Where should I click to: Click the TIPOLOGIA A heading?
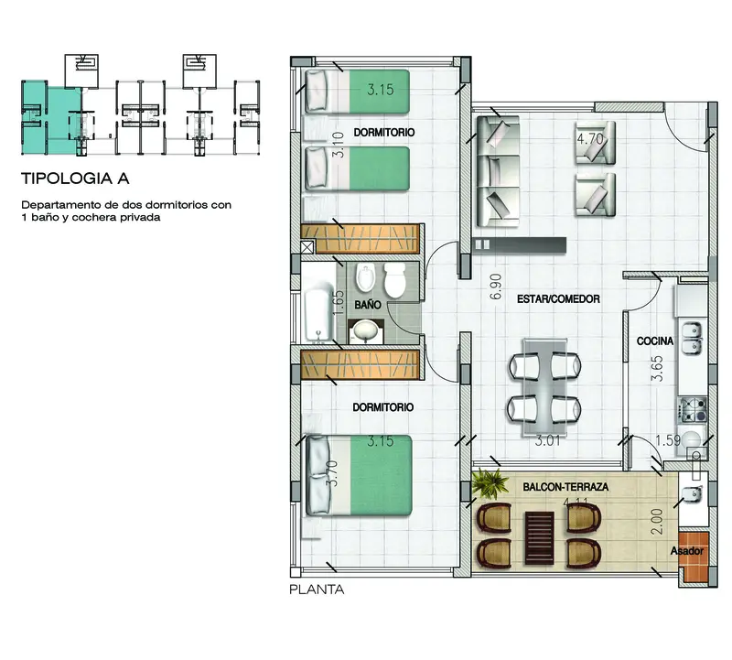(75, 179)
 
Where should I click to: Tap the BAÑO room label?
(368, 305)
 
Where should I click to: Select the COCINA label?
(655, 341)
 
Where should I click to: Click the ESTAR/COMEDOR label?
(558, 299)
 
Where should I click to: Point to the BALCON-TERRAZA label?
(565, 487)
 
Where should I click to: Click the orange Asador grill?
(694, 557)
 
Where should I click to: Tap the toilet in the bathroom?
(395, 279)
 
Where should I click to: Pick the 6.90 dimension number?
(496, 287)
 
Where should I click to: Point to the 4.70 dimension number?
(590, 139)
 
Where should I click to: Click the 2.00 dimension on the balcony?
(656, 522)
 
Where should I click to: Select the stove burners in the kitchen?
(693, 410)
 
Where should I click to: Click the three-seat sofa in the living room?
(498, 171)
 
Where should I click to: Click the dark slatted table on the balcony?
(540, 537)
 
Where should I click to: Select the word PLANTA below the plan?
(317, 590)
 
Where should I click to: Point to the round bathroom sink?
(366, 331)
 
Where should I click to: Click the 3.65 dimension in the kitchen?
(657, 369)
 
